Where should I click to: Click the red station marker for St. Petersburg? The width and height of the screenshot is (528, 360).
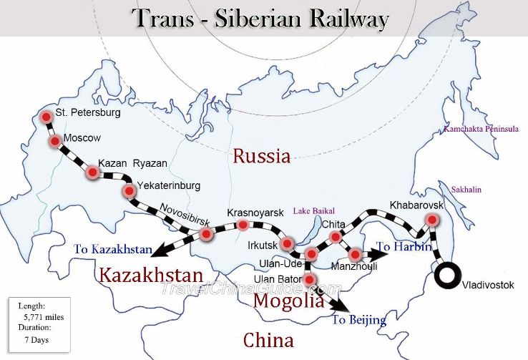47,117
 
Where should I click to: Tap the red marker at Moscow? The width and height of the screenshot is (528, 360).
55,142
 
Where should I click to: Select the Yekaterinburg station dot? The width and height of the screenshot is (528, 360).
129,190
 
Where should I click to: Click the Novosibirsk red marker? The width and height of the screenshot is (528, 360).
206,234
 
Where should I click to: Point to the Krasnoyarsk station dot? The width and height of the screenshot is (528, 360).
243,225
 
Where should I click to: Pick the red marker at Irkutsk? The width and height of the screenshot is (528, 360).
287,244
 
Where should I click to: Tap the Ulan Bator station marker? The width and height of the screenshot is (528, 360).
309,278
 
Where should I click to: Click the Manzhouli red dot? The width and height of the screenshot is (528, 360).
354,254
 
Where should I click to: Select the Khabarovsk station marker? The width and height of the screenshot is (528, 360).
431,220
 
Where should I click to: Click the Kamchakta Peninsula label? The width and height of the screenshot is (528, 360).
480,130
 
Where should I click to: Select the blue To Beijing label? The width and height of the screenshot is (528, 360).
358,319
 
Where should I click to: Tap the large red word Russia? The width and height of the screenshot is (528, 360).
261,156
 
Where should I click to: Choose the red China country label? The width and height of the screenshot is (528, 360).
268,339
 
